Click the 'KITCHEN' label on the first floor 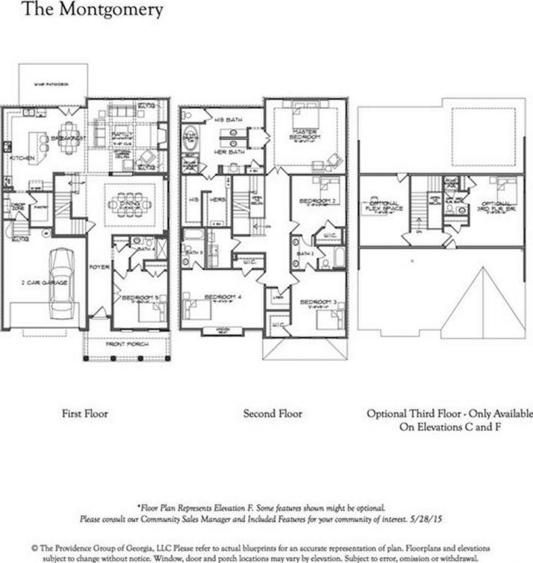(x=18, y=158)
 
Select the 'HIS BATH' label (x=225, y=119)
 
